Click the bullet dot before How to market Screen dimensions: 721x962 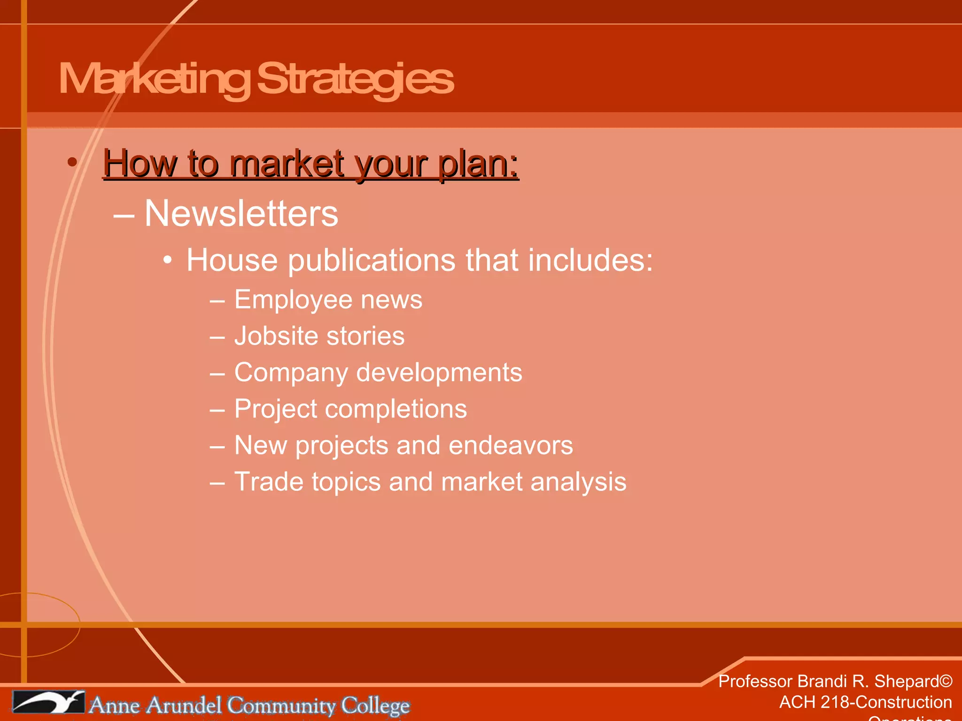[72, 162]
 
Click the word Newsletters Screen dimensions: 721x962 [241, 214]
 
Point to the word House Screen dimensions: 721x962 [232, 260]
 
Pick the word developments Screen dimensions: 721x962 [439, 373]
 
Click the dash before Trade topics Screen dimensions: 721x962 [217, 483]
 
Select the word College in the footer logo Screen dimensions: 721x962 [375, 706]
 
